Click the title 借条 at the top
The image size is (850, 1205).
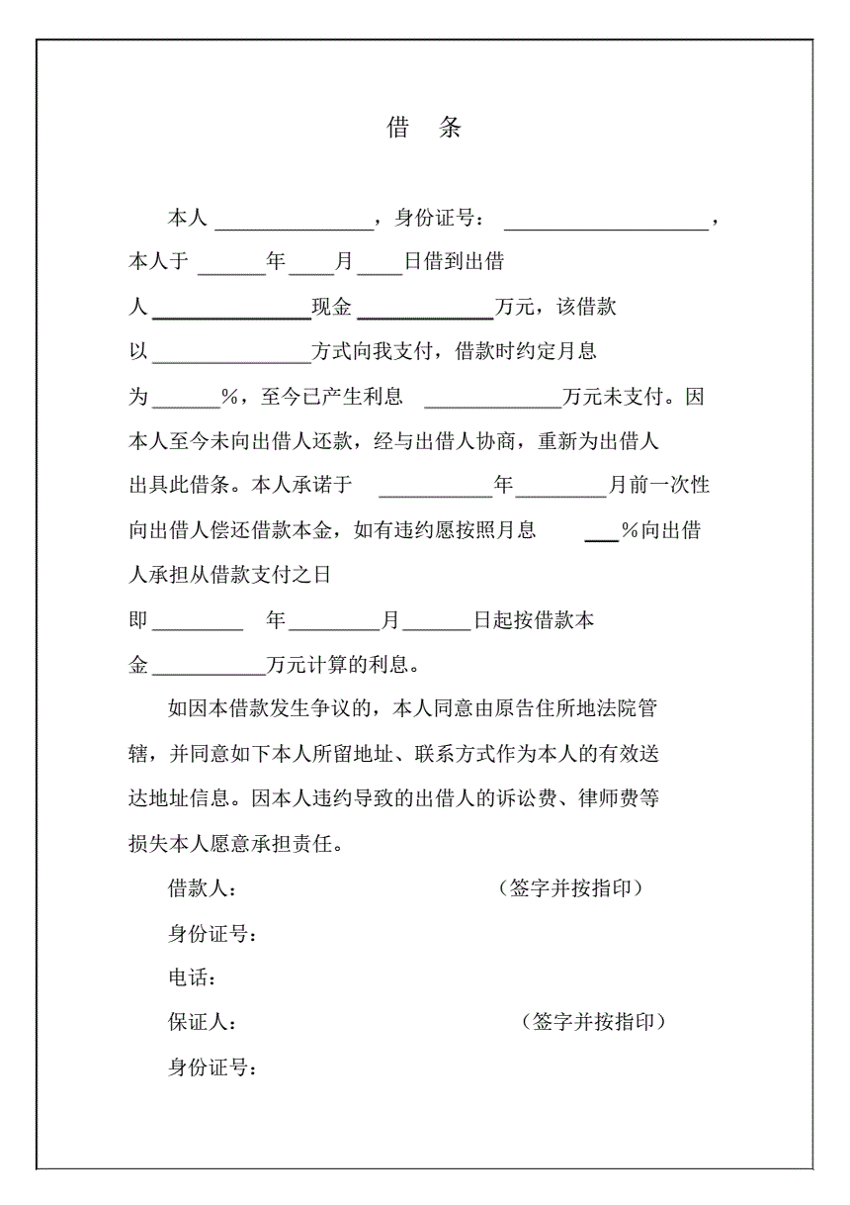click(x=424, y=128)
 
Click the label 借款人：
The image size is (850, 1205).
click(x=203, y=888)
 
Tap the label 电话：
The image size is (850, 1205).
click(x=192, y=978)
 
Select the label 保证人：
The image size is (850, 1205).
click(x=203, y=1023)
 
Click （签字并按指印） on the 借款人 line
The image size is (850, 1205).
click(x=571, y=887)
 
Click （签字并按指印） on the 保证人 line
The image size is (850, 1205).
click(x=593, y=1022)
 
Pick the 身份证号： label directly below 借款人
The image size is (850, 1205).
click(x=213, y=934)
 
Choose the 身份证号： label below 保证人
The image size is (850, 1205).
click(x=213, y=1067)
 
